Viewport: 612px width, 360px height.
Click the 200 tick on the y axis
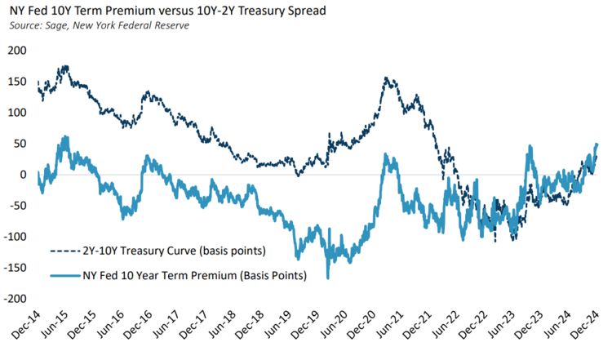17,50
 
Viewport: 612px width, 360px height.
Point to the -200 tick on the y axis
16,299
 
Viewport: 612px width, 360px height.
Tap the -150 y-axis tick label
16,268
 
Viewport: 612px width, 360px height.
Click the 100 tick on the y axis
17,112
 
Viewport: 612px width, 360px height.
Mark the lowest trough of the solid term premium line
328,278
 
